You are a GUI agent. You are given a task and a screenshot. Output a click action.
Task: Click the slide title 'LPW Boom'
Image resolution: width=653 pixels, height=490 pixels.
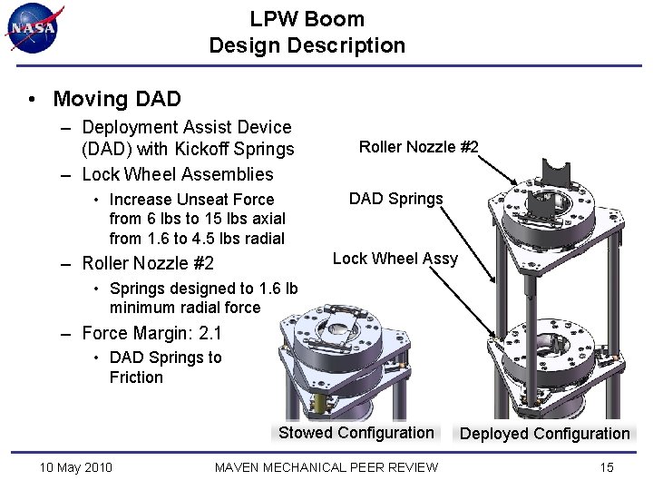[307, 19]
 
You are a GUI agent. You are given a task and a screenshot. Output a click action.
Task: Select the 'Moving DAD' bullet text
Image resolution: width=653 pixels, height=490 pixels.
[117, 99]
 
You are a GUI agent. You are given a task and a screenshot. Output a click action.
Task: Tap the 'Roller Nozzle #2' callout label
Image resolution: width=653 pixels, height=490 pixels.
[418, 147]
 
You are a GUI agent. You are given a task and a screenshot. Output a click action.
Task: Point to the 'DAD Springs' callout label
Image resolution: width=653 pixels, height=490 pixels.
[396, 199]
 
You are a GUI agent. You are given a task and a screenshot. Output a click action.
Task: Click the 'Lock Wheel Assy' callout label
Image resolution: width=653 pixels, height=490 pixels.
[395, 259]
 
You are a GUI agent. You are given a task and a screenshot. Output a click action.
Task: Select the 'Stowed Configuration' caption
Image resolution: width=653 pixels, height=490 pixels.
[356, 433]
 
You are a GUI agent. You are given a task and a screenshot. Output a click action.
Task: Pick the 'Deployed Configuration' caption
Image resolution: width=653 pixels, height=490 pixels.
[544, 434]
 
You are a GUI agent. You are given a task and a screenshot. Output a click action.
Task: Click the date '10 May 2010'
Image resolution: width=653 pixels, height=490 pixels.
[76, 467]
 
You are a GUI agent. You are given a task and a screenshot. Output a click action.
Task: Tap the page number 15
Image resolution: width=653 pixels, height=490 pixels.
[607, 467]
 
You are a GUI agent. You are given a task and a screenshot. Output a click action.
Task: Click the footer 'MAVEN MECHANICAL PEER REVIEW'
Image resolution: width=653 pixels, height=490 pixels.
[326, 467]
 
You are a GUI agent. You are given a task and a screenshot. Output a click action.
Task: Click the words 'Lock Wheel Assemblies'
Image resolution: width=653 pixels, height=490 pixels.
[177, 174]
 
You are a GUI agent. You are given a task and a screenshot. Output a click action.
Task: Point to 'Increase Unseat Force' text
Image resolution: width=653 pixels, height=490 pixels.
[191, 200]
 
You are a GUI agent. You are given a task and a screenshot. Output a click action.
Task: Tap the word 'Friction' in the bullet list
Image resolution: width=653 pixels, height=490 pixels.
[136, 377]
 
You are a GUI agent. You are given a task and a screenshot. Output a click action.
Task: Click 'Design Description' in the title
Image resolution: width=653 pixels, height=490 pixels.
[307, 45]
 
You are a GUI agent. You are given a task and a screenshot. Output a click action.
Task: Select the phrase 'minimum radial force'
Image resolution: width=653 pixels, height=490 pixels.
[184, 308]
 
